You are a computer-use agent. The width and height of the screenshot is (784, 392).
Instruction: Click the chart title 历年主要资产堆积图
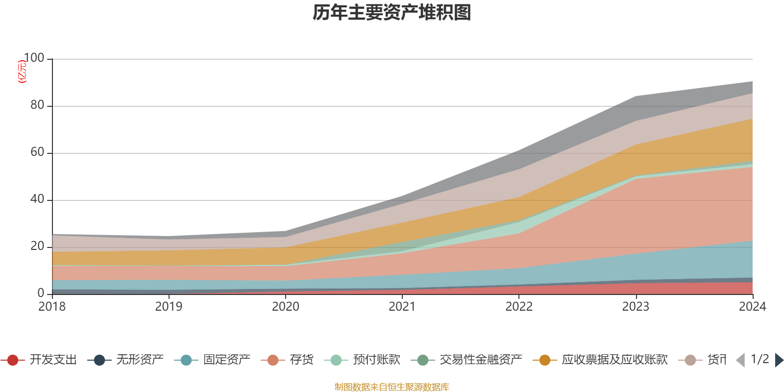[x=392, y=13]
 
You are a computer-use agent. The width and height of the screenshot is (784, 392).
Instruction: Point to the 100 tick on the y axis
[x=34, y=58]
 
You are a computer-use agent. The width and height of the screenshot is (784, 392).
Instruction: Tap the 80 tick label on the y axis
[x=37, y=105]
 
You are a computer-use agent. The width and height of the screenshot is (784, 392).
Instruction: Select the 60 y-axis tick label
[x=37, y=152]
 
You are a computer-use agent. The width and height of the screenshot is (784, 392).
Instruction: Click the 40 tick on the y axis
[x=37, y=199]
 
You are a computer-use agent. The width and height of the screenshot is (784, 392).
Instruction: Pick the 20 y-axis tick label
[x=37, y=246]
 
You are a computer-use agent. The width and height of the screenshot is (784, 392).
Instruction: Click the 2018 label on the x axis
[x=52, y=307]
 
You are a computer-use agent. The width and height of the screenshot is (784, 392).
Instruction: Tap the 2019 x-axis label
[x=169, y=307]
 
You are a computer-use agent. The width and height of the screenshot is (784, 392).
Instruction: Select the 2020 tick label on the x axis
[x=286, y=307]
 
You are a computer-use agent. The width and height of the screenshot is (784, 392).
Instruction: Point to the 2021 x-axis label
[x=402, y=307]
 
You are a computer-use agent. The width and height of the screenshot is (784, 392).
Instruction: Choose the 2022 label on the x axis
[x=519, y=307]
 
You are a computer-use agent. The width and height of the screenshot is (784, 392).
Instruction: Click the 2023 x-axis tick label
[x=636, y=307]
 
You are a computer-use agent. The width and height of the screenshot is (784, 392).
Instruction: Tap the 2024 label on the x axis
[x=752, y=307]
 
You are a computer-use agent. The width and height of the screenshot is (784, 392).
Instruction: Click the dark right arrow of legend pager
[x=779, y=360]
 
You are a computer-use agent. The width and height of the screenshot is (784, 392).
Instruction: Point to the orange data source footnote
[x=392, y=387]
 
